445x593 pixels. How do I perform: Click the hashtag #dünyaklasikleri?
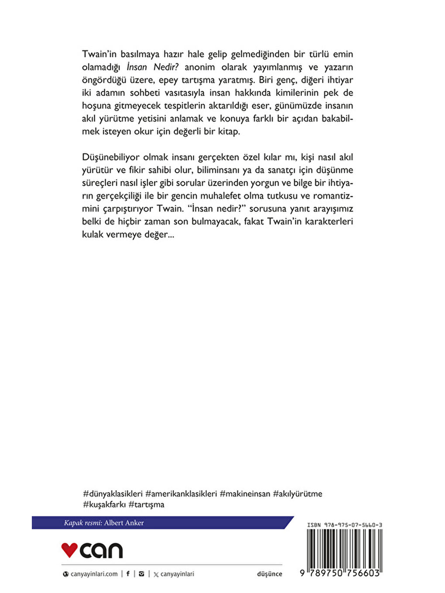click(x=113, y=494)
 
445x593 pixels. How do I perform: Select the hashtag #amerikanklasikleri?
click(x=181, y=494)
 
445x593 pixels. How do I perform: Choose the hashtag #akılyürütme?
click(x=298, y=494)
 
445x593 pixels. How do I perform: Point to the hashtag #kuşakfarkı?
click(x=104, y=505)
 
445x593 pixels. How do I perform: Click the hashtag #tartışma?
click(x=147, y=505)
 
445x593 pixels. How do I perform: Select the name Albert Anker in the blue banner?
click(x=124, y=523)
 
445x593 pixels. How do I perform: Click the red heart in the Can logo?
click(x=69, y=550)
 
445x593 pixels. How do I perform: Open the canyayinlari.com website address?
click(x=94, y=574)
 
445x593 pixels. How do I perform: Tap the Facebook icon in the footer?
click(x=128, y=574)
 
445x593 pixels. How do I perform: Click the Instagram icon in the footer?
click(x=141, y=574)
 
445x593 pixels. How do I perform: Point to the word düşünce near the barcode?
click(x=270, y=574)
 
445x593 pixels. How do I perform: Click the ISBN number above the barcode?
click(x=345, y=525)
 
